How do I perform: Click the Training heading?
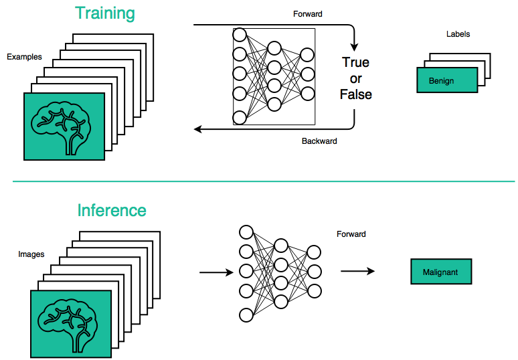pos(104,13)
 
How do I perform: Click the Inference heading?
pos(112,211)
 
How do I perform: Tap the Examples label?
pos(25,57)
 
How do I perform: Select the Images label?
pos(31,254)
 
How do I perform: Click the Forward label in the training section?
pos(308,14)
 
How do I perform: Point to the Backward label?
pos(319,141)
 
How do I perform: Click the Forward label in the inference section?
pos(351,234)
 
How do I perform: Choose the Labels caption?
pos(458,34)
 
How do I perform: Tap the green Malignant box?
pos(441,272)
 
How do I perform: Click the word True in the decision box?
pos(355,63)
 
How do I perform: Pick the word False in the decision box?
pos(355,94)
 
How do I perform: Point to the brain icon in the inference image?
pos(70,325)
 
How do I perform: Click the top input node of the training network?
pos(240,35)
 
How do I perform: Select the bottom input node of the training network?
pos(240,118)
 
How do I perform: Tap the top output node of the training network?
pos(307,55)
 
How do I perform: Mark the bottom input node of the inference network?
pos(246,314)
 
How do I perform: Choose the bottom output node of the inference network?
pos(314,291)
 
